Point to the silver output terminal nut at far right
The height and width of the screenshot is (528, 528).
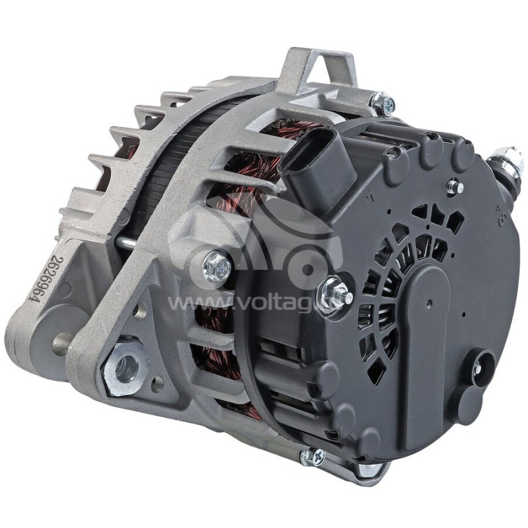[x=508, y=163]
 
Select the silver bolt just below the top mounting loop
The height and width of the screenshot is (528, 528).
[x=383, y=104]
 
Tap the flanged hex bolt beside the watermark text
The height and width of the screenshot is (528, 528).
[x=216, y=266]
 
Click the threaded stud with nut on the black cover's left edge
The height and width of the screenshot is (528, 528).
[x=334, y=295]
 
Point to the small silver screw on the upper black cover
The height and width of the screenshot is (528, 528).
[x=455, y=187]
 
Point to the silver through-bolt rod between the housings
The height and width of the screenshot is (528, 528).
[x=128, y=244]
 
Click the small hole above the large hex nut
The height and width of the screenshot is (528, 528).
[x=140, y=310]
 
